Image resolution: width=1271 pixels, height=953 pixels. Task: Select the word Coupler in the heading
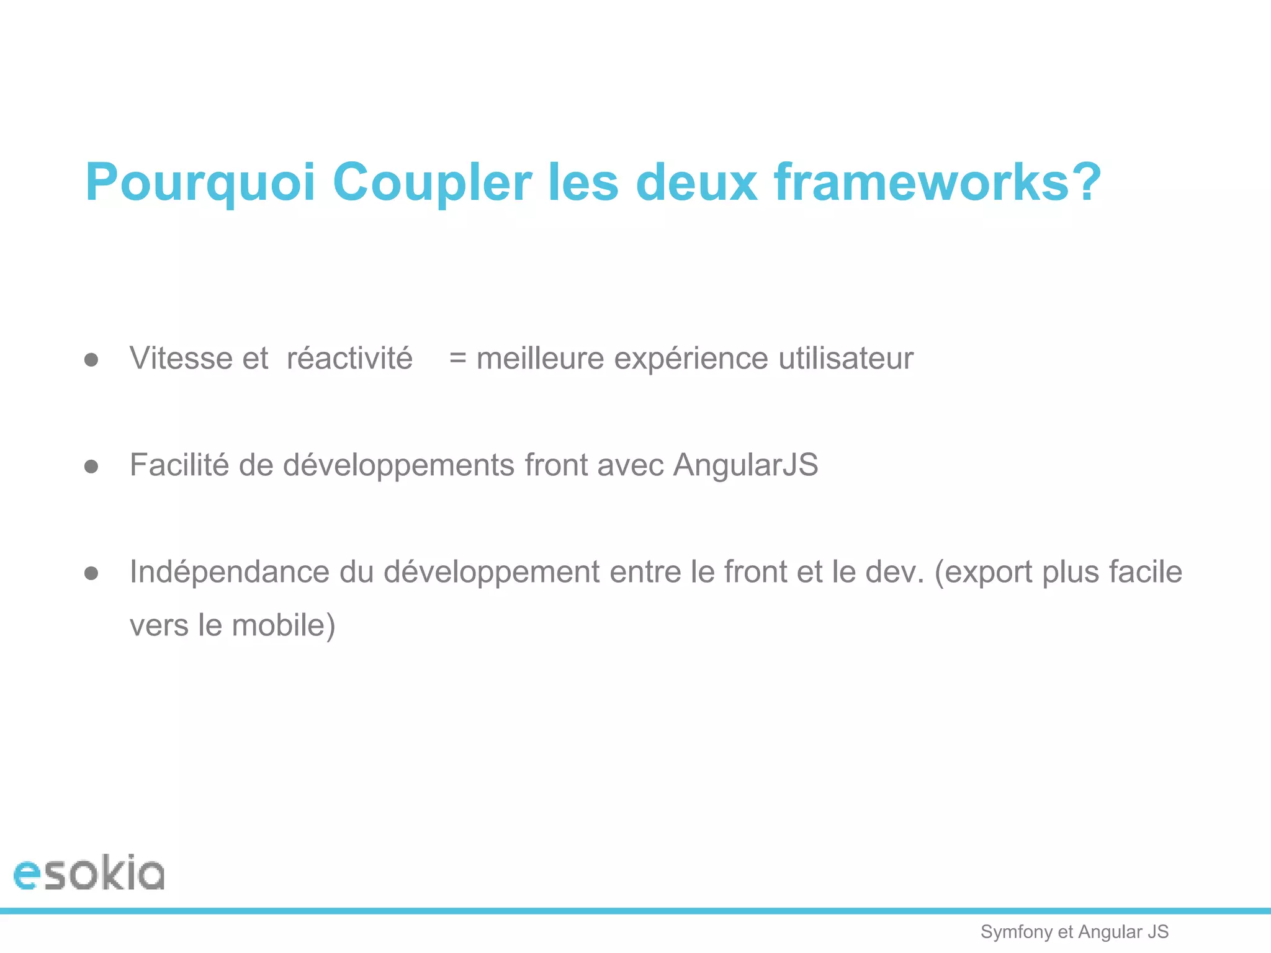(x=432, y=183)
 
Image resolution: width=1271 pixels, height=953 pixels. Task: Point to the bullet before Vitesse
(x=91, y=360)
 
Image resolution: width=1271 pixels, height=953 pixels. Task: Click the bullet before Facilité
(x=91, y=467)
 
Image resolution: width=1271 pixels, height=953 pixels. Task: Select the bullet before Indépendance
(x=91, y=573)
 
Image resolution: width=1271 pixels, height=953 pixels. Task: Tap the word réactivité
(x=349, y=359)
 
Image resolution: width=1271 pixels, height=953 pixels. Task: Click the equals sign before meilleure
(x=457, y=359)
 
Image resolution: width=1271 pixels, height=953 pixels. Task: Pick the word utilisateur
(x=846, y=359)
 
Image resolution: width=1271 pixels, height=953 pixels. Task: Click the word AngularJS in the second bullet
(x=746, y=465)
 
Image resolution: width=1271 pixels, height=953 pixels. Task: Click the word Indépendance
(x=230, y=572)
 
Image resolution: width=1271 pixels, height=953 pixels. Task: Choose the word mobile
(x=283, y=625)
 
